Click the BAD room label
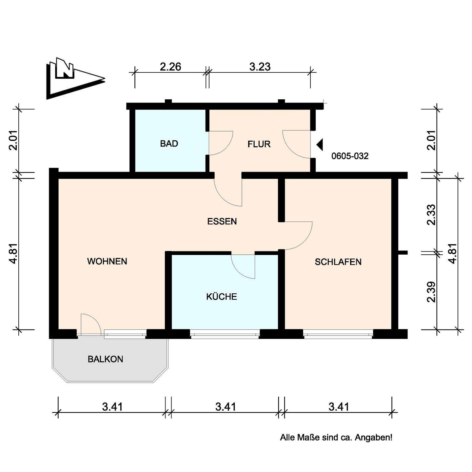click(169, 144)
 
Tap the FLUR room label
click(259, 144)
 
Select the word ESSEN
click(222, 222)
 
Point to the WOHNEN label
click(107, 261)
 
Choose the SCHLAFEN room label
click(338, 262)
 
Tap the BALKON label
click(105, 359)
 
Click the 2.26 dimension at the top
click(170, 67)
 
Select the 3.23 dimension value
click(260, 67)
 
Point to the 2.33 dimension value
click(432, 215)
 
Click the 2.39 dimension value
click(432, 292)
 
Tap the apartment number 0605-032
click(350, 156)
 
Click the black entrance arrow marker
click(320, 145)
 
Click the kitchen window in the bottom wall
click(225, 334)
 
